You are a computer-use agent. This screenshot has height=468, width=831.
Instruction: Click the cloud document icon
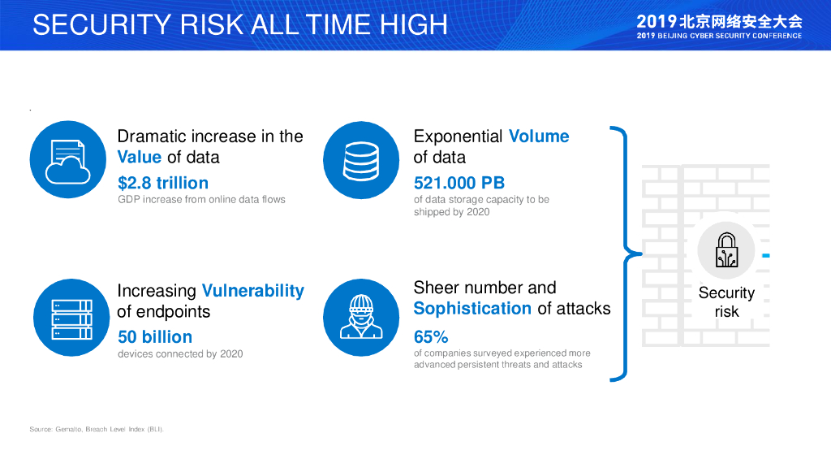click(x=68, y=159)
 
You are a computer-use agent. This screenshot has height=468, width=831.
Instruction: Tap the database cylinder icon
click(x=361, y=160)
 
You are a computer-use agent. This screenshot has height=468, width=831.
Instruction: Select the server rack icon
click(x=71, y=318)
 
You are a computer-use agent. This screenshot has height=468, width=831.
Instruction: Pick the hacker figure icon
click(x=361, y=318)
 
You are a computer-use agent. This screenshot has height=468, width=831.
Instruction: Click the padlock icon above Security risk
click(x=726, y=250)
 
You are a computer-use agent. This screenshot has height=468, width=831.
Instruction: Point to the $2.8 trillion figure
click(x=162, y=183)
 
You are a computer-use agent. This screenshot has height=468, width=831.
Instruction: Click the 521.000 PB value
click(x=459, y=183)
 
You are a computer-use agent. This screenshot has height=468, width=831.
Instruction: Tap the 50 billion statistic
click(x=155, y=336)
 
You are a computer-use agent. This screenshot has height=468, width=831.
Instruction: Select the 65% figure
click(x=431, y=336)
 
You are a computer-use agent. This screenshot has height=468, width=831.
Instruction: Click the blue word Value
click(x=140, y=157)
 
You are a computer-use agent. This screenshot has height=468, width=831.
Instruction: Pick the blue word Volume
click(x=539, y=136)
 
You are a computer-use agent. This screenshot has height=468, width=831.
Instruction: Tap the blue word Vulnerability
click(x=253, y=291)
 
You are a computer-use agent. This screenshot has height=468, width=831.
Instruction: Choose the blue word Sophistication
click(x=472, y=308)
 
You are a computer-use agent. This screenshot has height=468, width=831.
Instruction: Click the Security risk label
click(x=726, y=302)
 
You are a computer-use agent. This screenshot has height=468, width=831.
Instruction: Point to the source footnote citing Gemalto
click(x=97, y=429)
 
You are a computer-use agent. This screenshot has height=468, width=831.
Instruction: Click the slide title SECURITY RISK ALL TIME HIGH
click(x=240, y=24)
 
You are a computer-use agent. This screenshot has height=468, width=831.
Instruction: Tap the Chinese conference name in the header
click(x=719, y=21)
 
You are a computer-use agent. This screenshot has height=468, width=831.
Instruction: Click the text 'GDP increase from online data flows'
click(x=201, y=200)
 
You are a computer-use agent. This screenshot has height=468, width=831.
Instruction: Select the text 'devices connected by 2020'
click(x=180, y=354)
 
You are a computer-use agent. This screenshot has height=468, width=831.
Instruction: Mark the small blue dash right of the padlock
click(x=766, y=256)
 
